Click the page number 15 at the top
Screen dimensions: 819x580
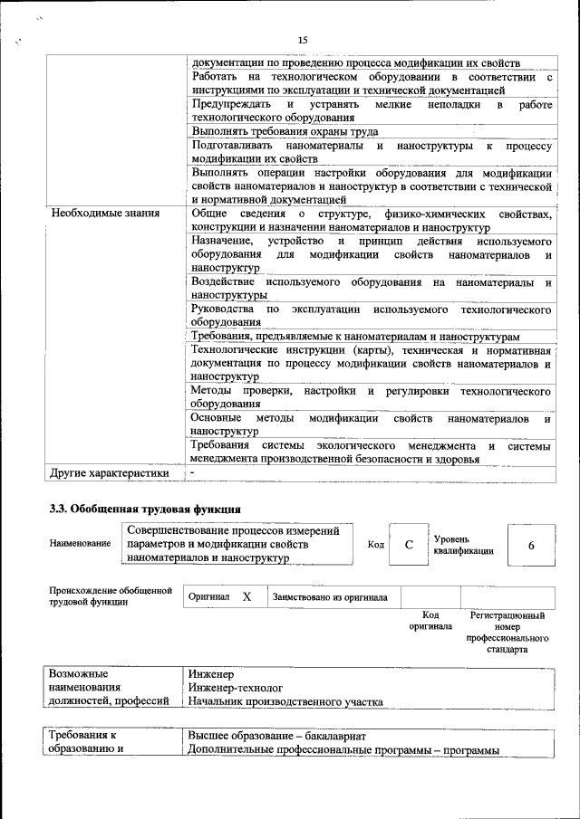303,39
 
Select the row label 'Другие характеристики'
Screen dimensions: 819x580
110,472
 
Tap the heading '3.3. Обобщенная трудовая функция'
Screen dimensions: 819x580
144,509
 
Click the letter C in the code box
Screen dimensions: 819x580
409,544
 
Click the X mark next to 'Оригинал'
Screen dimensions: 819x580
246,597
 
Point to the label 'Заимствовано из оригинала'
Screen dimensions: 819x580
331,597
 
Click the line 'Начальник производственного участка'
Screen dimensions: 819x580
285,701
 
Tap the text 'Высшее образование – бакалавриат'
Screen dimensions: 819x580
277,736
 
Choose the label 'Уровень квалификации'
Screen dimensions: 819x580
463,544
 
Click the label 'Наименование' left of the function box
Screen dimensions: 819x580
81,544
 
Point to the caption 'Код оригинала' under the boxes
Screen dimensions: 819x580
430,621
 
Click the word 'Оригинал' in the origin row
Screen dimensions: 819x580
208,597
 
